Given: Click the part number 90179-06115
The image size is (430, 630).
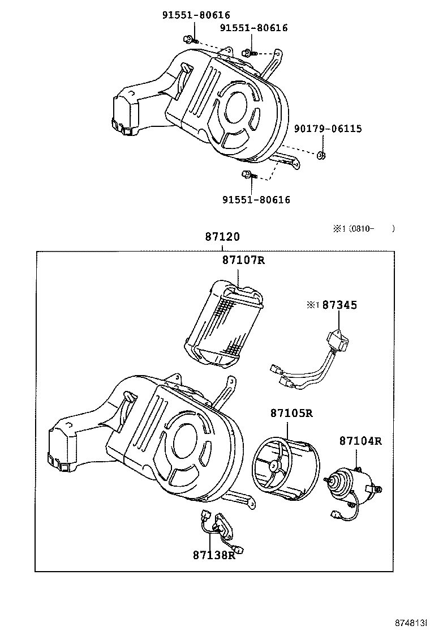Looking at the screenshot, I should (328, 129).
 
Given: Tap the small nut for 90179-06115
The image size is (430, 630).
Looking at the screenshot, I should (320, 155).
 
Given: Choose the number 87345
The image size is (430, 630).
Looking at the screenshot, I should (339, 305).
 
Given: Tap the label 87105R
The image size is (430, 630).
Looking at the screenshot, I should (290, 413).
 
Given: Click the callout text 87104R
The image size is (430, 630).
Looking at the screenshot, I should (360, 441).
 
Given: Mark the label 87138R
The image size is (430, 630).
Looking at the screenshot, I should (213, 555).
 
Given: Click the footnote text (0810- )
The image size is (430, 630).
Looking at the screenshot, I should (371, 229).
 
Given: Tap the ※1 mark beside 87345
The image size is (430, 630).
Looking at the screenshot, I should (313, 305).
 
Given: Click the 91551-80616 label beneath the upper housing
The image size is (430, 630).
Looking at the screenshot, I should (256, 199).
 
